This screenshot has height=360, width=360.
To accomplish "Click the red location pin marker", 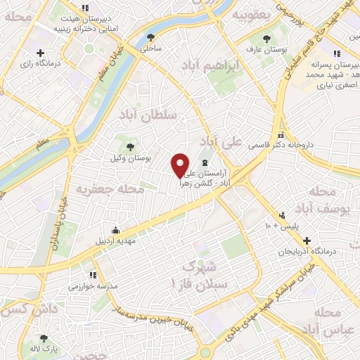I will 181,165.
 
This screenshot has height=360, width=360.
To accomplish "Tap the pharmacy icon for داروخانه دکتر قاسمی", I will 281,135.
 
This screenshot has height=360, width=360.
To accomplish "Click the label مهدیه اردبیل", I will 115,240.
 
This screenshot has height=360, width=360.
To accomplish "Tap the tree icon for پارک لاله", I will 44,337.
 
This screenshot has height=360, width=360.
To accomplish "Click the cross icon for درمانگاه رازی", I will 40,53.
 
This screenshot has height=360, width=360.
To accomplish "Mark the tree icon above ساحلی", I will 152,38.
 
